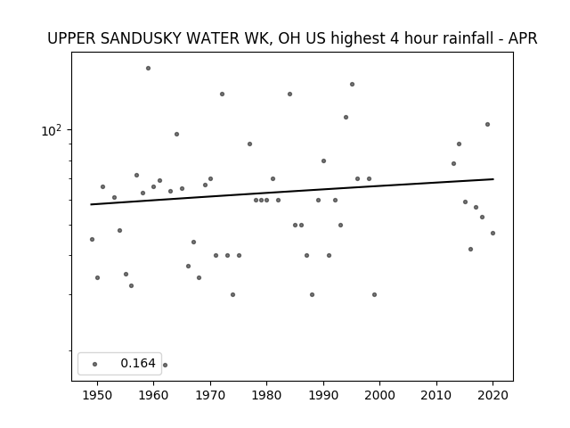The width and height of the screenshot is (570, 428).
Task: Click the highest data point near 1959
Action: pos(149,68)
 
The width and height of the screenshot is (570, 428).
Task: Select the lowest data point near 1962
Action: pos(165,365)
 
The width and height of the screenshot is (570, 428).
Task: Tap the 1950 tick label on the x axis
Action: pos(97,395)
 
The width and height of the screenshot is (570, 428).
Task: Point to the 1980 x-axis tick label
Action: pos(267,395)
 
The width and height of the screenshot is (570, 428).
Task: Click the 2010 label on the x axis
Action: pos(436,395)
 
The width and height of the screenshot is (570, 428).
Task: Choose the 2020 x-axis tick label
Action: pos(493,395)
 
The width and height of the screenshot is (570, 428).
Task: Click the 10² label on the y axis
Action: pos(52,130)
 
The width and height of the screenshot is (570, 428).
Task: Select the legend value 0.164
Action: pos(138,363)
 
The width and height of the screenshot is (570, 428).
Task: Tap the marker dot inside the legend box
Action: pos(95,364)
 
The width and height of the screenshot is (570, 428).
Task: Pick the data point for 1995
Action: pos(352,85)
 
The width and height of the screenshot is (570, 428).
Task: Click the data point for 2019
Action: pos(487,125)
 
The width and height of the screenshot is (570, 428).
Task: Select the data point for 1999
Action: pos(374,295)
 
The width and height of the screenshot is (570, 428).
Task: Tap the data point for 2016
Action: pos(471,250)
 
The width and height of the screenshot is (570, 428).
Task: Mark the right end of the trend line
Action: pos(493,179)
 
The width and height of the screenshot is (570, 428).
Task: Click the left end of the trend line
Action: pos(91,204)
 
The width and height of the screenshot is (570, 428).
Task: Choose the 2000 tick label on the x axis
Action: pos(380,395)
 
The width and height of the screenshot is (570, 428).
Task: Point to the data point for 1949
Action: pos(92,240)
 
